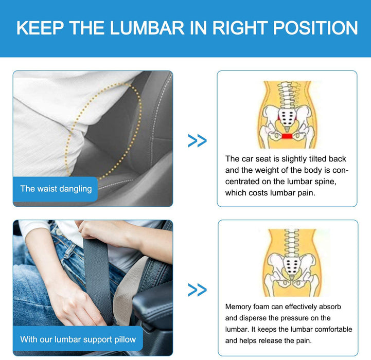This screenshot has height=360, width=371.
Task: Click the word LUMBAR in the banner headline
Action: tap(147, 28)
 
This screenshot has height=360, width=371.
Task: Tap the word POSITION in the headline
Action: tap(315, 28)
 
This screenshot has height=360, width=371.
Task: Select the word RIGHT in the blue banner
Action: tap(240, 28)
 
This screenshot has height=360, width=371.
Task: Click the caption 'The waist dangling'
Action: tap(56, 189)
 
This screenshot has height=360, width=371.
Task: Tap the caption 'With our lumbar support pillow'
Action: tap(78, 339)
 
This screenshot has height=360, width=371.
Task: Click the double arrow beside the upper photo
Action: tap(197, 140)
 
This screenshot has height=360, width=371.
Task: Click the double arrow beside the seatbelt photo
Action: tap(197, 290)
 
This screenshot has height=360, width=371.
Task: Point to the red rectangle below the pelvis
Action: tap(287, 136)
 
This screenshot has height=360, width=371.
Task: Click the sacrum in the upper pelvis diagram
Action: tap(287, 117)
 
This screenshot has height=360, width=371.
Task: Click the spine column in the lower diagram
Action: tap(292, 243)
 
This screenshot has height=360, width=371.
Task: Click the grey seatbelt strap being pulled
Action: tap(97, 279)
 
